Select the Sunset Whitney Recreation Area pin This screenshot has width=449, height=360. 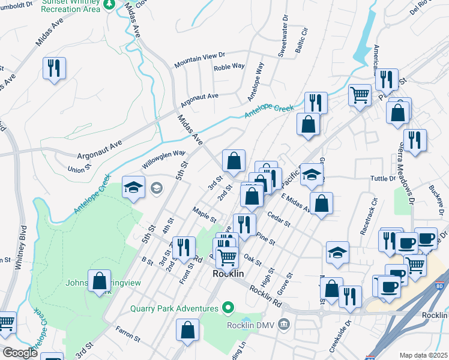(109, 5)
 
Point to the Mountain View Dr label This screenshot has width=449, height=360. (199, 59)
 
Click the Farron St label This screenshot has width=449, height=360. (128, 338)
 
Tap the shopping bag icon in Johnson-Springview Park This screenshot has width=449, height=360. (100, 281)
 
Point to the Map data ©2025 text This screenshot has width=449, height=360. (423, 355)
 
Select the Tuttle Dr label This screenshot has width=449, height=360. (384, 178)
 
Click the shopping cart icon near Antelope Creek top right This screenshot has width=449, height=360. (360, 94)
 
